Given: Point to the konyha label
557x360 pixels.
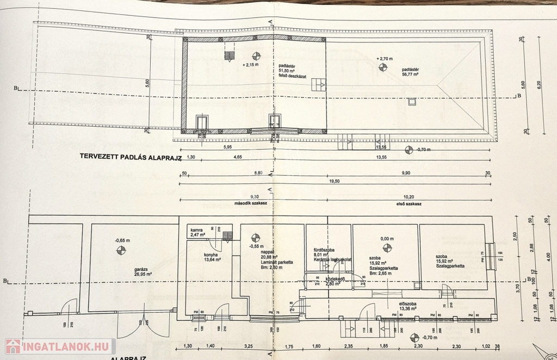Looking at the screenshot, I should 212,255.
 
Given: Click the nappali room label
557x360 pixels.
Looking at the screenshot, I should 267,252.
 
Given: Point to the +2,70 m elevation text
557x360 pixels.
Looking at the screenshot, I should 384,58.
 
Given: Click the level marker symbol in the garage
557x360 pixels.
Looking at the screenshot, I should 121,250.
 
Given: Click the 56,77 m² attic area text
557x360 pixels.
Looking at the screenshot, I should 410,75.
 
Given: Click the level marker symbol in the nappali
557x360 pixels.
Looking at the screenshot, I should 256,237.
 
